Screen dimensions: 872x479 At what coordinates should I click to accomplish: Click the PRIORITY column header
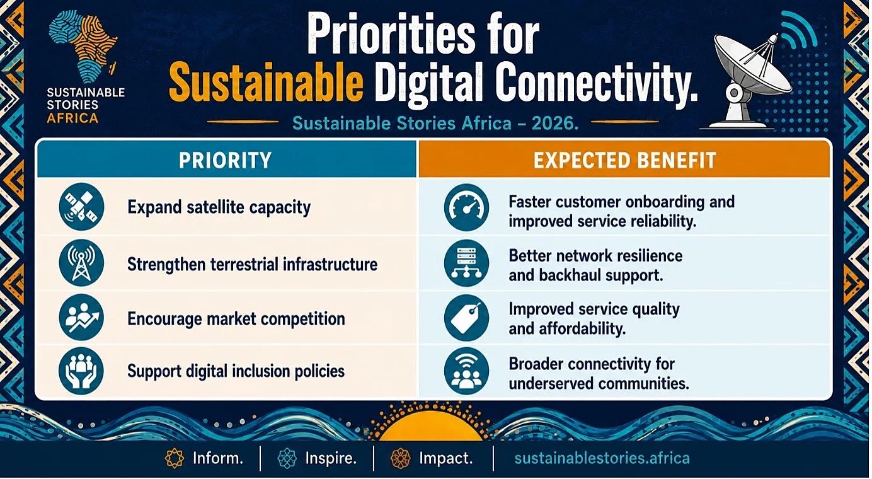225,160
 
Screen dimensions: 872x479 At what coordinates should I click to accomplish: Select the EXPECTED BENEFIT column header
625,160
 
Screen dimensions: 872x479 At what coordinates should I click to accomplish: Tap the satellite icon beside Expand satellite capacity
81,206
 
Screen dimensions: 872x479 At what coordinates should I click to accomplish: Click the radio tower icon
81,263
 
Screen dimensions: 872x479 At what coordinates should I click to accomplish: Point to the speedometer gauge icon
466,207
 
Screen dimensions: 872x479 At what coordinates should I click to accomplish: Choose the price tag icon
466,318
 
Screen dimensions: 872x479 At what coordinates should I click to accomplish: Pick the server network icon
466,263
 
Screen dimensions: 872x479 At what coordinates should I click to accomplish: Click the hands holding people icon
81,371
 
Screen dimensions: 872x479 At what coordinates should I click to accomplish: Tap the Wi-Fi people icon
466,371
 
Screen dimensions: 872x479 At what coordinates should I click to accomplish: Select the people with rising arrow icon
81,318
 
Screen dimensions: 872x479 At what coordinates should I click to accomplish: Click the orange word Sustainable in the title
267,83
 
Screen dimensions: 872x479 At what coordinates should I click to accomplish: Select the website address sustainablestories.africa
602,458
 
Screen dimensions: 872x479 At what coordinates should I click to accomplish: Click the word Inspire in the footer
331,458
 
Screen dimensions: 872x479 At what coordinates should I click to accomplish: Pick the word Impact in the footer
445,458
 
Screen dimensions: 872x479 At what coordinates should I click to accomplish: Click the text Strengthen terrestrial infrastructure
252,265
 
